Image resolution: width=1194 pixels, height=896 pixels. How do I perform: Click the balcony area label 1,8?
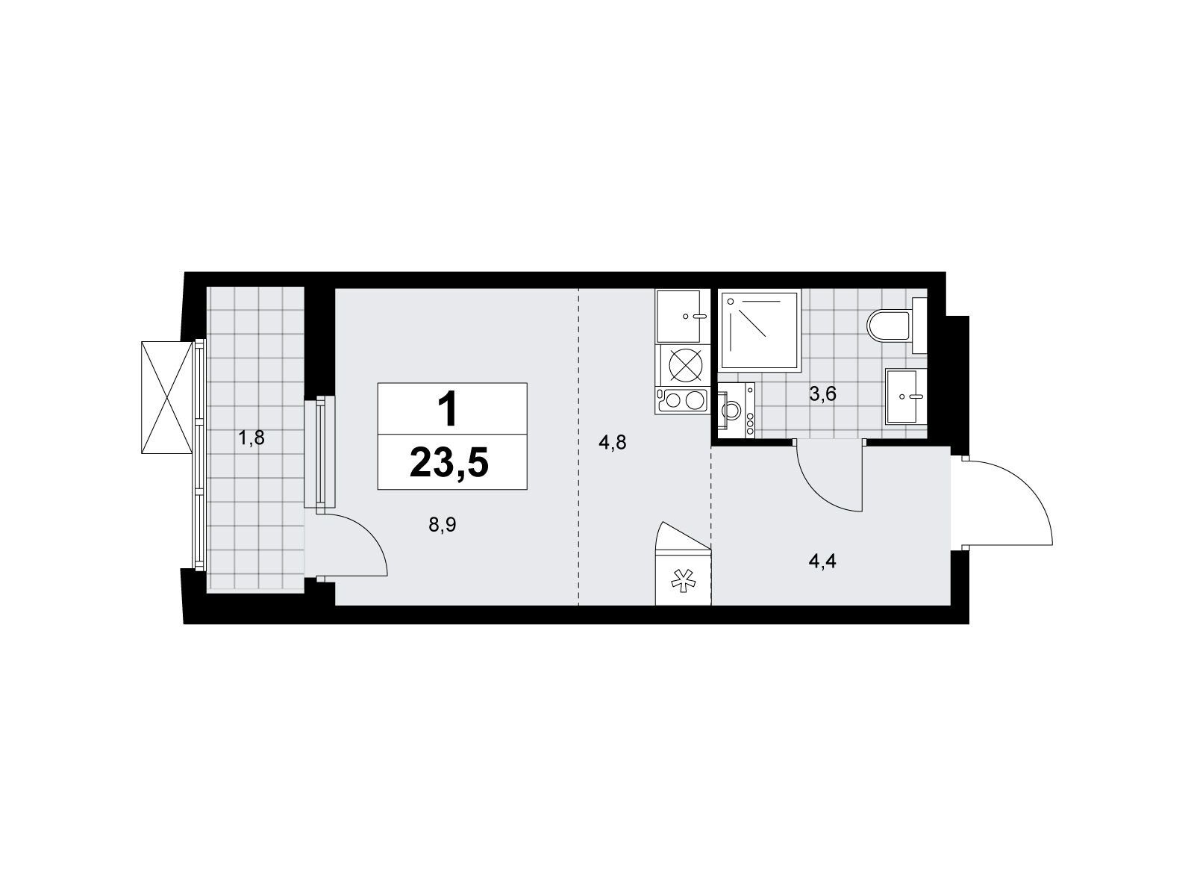pos(251,437)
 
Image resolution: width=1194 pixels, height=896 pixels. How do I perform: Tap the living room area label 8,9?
pos(442,525)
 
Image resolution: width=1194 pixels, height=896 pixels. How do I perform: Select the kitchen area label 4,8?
pos(613,442)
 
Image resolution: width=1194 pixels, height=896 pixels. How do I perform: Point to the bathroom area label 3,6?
pos(822,393)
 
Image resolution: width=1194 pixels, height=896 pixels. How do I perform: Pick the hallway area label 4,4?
pos(822,561)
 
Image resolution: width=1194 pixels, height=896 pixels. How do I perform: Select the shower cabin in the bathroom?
pos(760,331)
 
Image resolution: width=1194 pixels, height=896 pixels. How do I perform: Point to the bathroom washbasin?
pos(906,396)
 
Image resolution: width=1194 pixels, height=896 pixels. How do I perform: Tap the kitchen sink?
pos(681,316)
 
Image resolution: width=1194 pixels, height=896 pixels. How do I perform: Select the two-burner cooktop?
pos(683,400)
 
